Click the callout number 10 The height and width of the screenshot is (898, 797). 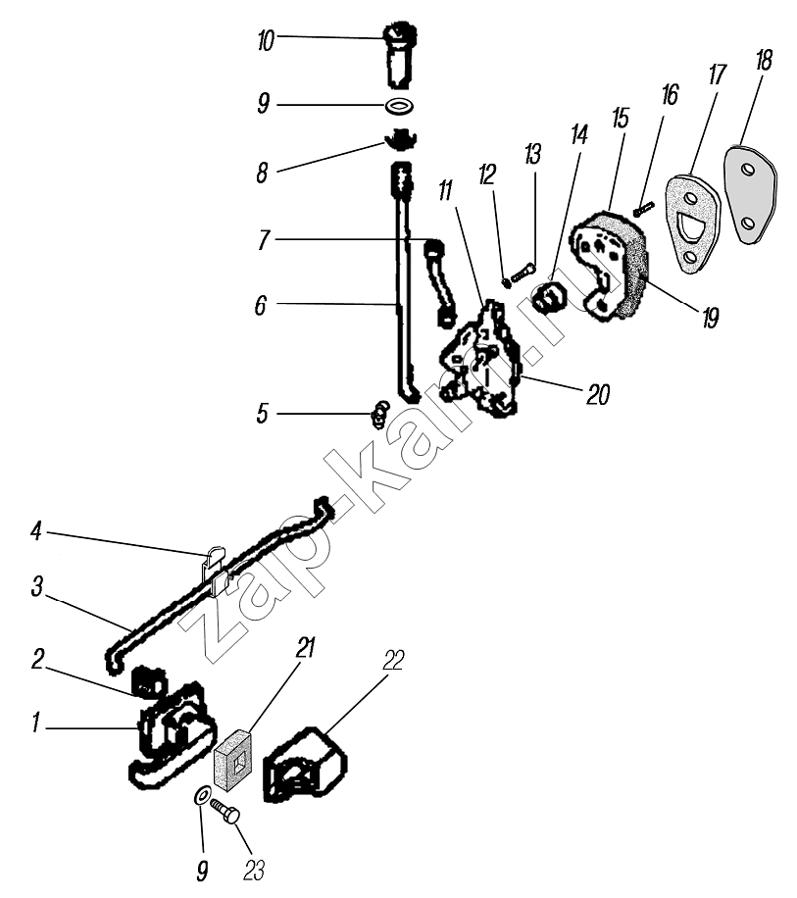click(x=266, y=40)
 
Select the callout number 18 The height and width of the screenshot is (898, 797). click(x=764, y=60)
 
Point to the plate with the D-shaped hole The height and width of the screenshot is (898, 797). click(x=692, y=221)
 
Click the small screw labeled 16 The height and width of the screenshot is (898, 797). click(x=644, y=207)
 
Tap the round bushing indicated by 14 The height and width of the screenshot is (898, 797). click(x=550, y=295)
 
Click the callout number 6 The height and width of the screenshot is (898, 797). click(x=260, y=306)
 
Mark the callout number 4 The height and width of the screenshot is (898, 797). click(x=36, y=533)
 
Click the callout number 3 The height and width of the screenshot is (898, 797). click(x=36, y=587)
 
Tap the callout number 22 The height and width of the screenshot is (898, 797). click(x=392, y=661)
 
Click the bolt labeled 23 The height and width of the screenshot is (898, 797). click(x=228, y=815)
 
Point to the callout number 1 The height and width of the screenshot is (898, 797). click(x=36, y=726)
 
